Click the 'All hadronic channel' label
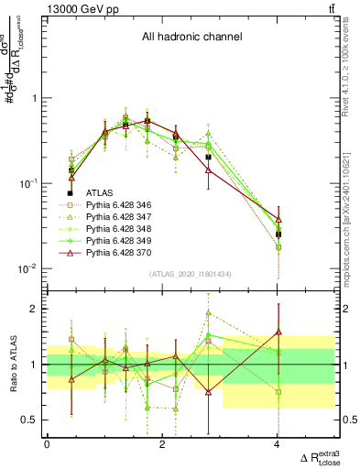click(x=190, y=38)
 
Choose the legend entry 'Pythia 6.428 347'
click(x=120, y=218)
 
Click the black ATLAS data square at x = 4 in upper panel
click(x=278, y=234)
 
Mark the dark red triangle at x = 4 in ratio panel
click(x=278, y=332)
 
